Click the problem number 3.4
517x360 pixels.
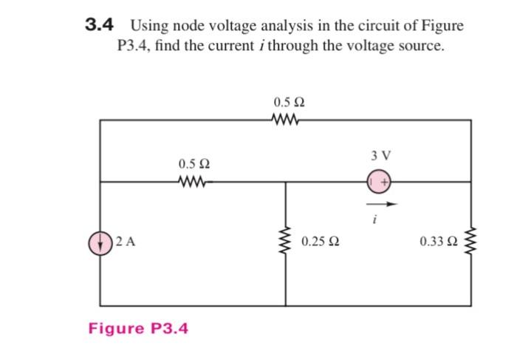tap(98, 25)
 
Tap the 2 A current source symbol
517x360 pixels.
tap(101, 242)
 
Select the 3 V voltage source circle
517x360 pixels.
tap(380, 180)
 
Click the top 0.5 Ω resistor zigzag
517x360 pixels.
tap(287, 120)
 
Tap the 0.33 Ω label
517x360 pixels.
tap(436, 242)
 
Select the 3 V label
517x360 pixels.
tap(381, 156)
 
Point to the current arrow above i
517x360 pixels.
tap(383, 204)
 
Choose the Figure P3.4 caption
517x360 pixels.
tap(138, 327)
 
